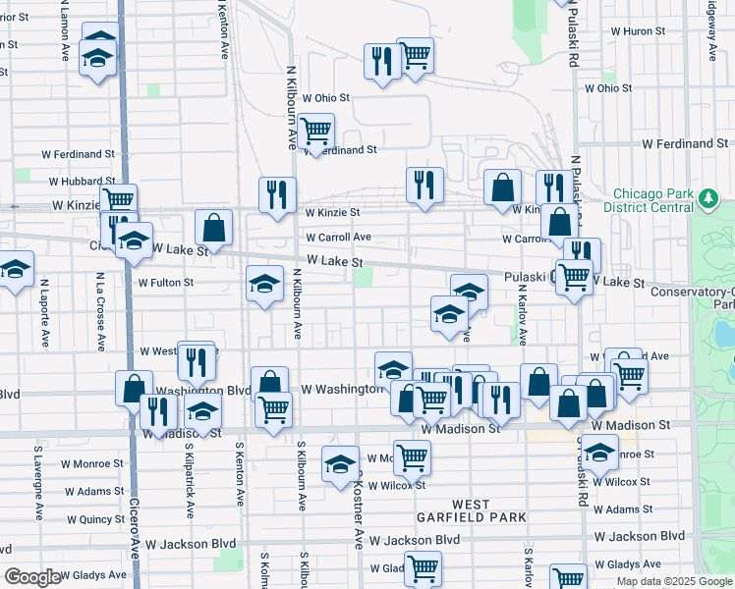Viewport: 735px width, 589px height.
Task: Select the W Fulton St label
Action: coord(166,283)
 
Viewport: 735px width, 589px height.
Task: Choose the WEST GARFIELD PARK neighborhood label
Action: coord(471,510)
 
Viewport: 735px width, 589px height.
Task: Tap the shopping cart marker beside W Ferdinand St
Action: coord(315,131)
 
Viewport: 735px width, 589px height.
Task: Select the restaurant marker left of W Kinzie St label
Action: coord(277,194)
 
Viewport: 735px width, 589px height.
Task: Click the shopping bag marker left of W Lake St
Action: coord(213,229)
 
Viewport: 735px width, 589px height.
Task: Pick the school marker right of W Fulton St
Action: coord(263,285)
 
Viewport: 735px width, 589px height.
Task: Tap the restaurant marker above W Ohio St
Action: coord(379,61)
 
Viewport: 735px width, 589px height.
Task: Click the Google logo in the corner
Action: coord(31,577)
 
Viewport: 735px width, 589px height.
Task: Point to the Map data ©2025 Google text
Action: coord(673,581)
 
